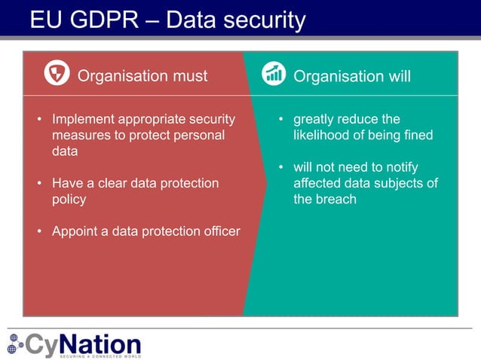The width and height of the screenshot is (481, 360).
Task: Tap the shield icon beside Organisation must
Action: click(x=57, y=74)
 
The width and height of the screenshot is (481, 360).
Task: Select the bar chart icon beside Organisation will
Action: click(x=274, y=74)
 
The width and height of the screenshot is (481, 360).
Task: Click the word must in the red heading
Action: click(x=190, y=76)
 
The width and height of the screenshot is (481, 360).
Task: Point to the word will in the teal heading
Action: click(x=396, y=76)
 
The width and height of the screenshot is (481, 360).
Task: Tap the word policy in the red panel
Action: click(x=69, y=199)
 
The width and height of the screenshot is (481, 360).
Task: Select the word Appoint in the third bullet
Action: click(x=75, y=231)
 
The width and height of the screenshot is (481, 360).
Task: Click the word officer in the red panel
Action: click(x=219, y=231)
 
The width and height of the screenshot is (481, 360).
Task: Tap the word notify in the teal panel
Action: click(x=400, y=167)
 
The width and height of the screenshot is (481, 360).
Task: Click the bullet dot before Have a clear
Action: click(x=39, y=183)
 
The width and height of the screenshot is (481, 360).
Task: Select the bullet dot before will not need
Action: click(x=280, y=167)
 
